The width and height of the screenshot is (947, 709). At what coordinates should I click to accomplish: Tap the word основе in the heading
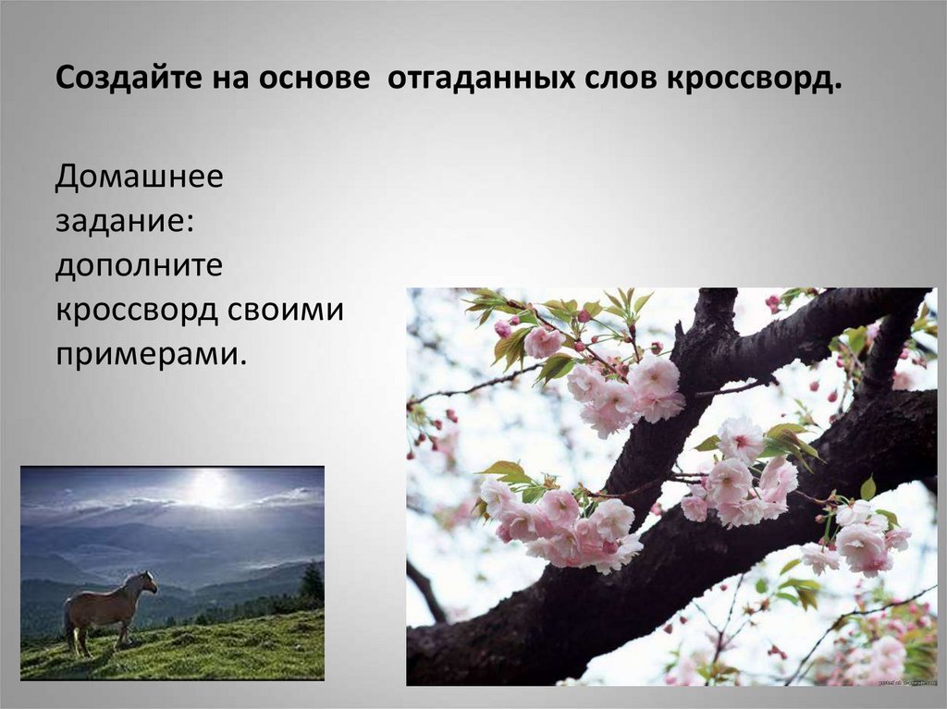[x=313, y=79]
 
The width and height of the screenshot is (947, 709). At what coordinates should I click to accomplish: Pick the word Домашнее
[x=139, y=176]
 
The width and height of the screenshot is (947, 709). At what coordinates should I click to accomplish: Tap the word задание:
[x=123, y=220]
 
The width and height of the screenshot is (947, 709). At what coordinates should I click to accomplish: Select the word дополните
[x=139, y=265]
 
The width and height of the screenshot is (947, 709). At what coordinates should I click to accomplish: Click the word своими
[x=288, y=310]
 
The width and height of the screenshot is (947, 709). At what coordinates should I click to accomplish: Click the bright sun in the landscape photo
[x=209, y=487]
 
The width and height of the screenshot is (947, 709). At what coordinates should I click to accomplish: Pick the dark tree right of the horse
[x=312, y=582]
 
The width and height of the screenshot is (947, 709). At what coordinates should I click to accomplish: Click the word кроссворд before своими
[x=136, y=310]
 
